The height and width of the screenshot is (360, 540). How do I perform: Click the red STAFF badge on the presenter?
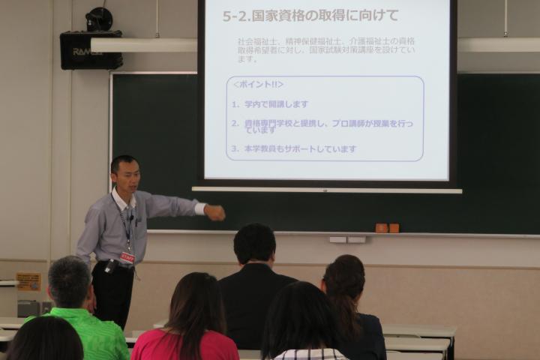(127, 257)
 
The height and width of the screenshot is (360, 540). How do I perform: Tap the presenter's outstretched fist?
(215, 213)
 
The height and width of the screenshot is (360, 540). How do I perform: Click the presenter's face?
(124, 175)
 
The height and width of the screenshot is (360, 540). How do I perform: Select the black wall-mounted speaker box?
(91, 50)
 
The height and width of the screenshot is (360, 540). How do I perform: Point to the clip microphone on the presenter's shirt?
(130, 217)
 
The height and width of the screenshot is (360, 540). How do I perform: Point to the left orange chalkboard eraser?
(381, 228)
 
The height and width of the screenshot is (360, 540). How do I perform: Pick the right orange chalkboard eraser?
(394, 228)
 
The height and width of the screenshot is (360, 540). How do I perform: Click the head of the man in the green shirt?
(69, 281)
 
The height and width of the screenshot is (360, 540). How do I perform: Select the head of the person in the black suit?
(254, 244)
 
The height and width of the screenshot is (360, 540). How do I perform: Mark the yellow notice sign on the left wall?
(28, 281)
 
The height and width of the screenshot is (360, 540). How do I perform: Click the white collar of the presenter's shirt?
(120, 200)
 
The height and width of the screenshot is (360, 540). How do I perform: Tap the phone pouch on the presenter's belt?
(110, 266)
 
